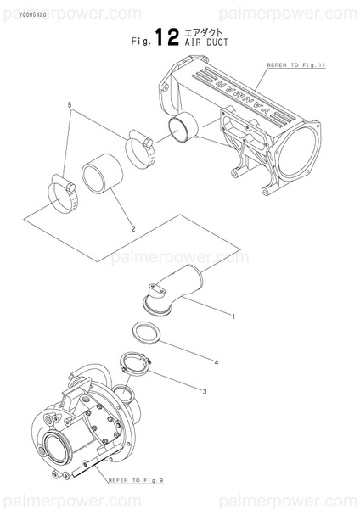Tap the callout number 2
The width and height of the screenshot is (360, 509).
click(132, 227)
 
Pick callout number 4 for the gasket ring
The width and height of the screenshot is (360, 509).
click(216, 362)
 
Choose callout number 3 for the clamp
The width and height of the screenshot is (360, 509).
click(205, 391)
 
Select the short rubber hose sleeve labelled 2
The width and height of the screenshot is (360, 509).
click(104, 173)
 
